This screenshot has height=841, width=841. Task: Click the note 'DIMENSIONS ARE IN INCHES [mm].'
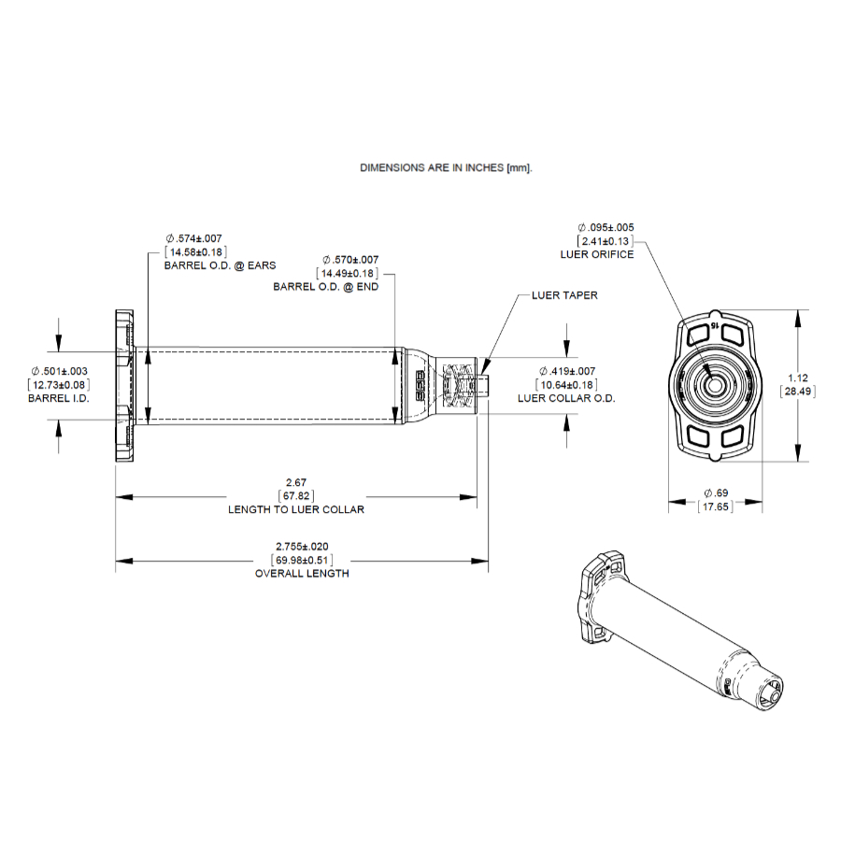[446, 168]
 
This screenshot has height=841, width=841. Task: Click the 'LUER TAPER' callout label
[564, 295]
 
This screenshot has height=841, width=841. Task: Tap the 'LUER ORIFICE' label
[597, 254]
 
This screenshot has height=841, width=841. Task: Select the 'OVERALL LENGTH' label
[302, 573]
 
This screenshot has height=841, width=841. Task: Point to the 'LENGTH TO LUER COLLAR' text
[296, 509]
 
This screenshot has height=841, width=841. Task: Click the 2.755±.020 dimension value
[302, 546]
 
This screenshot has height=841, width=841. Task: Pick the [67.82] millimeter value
[296, 496]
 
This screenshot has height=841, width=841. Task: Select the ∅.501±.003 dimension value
[59, 371]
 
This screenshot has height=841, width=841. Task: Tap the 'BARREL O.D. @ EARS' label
[221, 265]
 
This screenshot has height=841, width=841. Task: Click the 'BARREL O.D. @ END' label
[326, 287]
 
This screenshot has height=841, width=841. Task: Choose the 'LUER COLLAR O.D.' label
[566, 398]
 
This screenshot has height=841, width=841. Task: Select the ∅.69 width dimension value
[715, 492]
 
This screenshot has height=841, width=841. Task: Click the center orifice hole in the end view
[715, 384]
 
